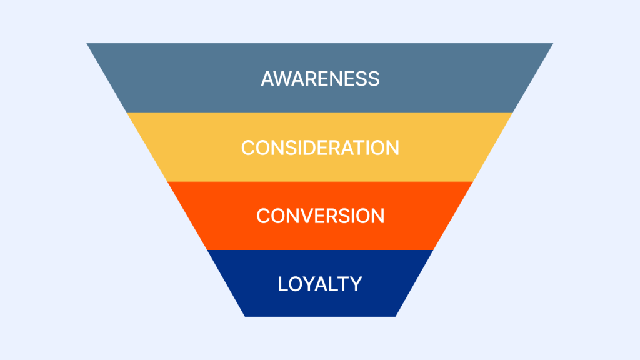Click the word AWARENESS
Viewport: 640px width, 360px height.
pos(320,79)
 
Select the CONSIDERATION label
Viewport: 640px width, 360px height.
pos(320,147)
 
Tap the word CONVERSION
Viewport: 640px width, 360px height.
pos(320,216)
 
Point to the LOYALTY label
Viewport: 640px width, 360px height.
pos(320,284)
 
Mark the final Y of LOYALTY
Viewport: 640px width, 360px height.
pos(356,284)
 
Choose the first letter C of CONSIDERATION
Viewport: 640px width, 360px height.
pos(249,147)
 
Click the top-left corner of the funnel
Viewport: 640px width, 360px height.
pos(87,44)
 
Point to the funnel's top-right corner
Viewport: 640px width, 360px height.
pos(552,44)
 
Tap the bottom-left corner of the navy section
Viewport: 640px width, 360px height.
pos(245,316)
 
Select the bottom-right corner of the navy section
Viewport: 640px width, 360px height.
pos(395,316)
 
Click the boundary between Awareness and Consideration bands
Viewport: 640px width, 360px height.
pos(320,112)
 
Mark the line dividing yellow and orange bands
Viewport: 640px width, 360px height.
pos(320,181)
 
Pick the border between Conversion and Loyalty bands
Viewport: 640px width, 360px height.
pos(320,249)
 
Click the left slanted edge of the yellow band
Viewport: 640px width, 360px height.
pos(147,147)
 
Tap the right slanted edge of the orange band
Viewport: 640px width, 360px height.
pos(452,216)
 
